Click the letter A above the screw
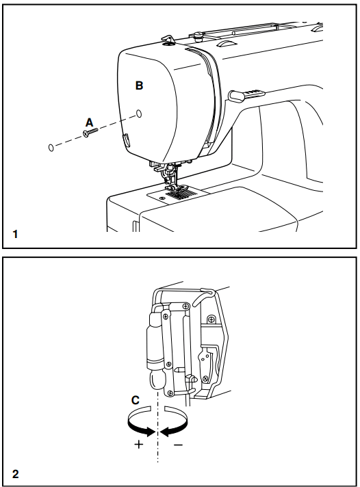point(89,122)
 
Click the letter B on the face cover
point(139,86)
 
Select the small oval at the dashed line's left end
point(51,147)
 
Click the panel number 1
point(15,234)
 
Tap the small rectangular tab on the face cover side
point(125,140)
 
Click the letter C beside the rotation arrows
point(136,399)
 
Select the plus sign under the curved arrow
point(140,444)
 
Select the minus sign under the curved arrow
point(178,444)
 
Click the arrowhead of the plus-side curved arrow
point(150,429)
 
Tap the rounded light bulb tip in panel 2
point(156,380)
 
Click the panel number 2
point(15,473)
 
